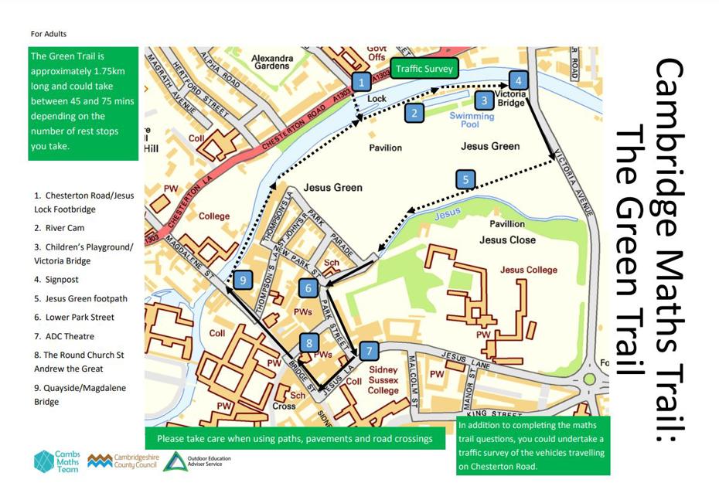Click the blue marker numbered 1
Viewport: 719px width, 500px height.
[360, 81]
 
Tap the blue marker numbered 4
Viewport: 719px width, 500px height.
[518, 80]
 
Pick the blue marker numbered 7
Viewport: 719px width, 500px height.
[370, 351]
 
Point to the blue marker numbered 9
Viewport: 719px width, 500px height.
[243, 280]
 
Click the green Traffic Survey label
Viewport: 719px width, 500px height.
[424, 69]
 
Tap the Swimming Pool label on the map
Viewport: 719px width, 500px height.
[472, 120]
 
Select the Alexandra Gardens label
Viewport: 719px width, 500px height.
[272, 62]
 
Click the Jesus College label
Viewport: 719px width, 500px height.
[529, 270]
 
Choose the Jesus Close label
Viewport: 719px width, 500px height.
[507, 240]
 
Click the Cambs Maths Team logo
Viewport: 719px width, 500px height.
[56, 461]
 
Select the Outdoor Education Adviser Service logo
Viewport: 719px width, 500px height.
[197, 461]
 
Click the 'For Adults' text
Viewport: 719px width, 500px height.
[49, 34]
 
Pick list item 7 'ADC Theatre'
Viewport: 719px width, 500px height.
[64, 336]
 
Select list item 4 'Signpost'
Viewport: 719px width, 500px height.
[56, 280]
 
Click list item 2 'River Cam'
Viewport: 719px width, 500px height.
[60, 228]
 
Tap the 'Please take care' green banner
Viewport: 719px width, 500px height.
[295, 438]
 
